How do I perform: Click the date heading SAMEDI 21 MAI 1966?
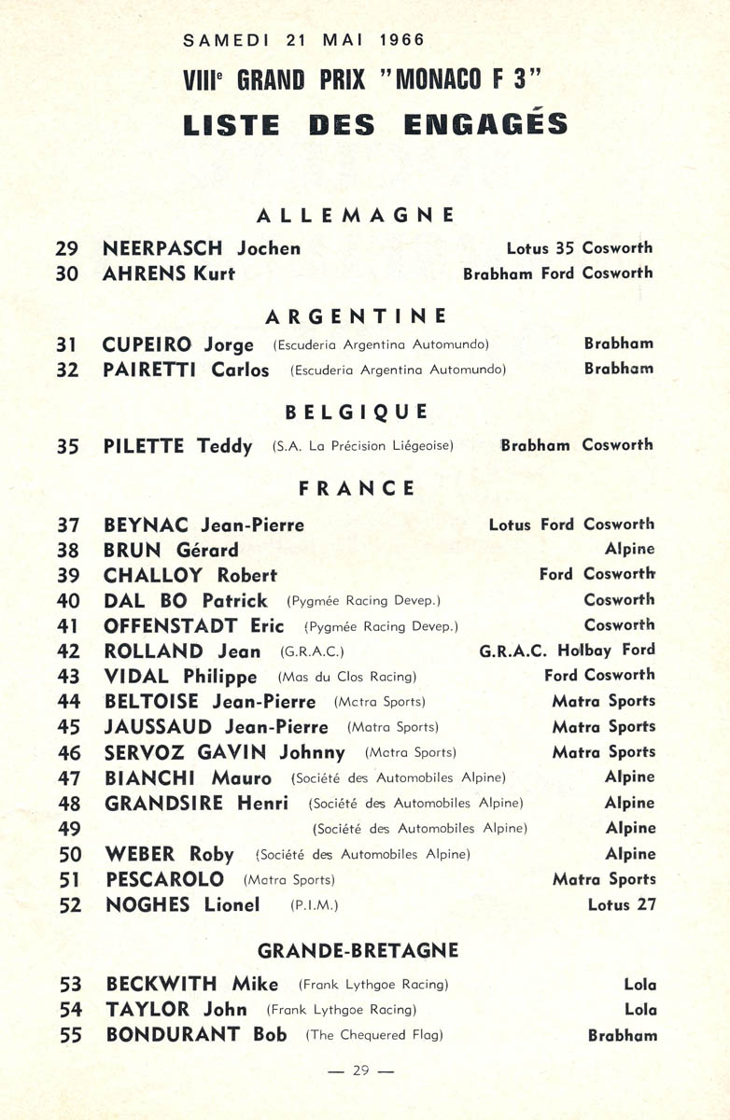304,40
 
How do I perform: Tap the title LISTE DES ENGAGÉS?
375,124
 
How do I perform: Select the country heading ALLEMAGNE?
356,215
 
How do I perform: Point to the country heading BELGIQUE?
357,412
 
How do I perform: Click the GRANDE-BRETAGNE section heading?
358,950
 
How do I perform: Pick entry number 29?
67,248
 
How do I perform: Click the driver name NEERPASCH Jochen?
202,248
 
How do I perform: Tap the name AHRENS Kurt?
168,273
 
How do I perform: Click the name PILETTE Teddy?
177,446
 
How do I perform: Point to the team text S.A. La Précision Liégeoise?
363,446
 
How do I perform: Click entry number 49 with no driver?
69,829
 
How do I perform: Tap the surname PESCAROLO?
165,879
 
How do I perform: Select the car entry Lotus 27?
622,904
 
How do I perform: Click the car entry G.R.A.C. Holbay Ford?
568,650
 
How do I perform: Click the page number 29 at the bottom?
361,1071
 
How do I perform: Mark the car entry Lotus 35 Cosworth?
580,248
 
